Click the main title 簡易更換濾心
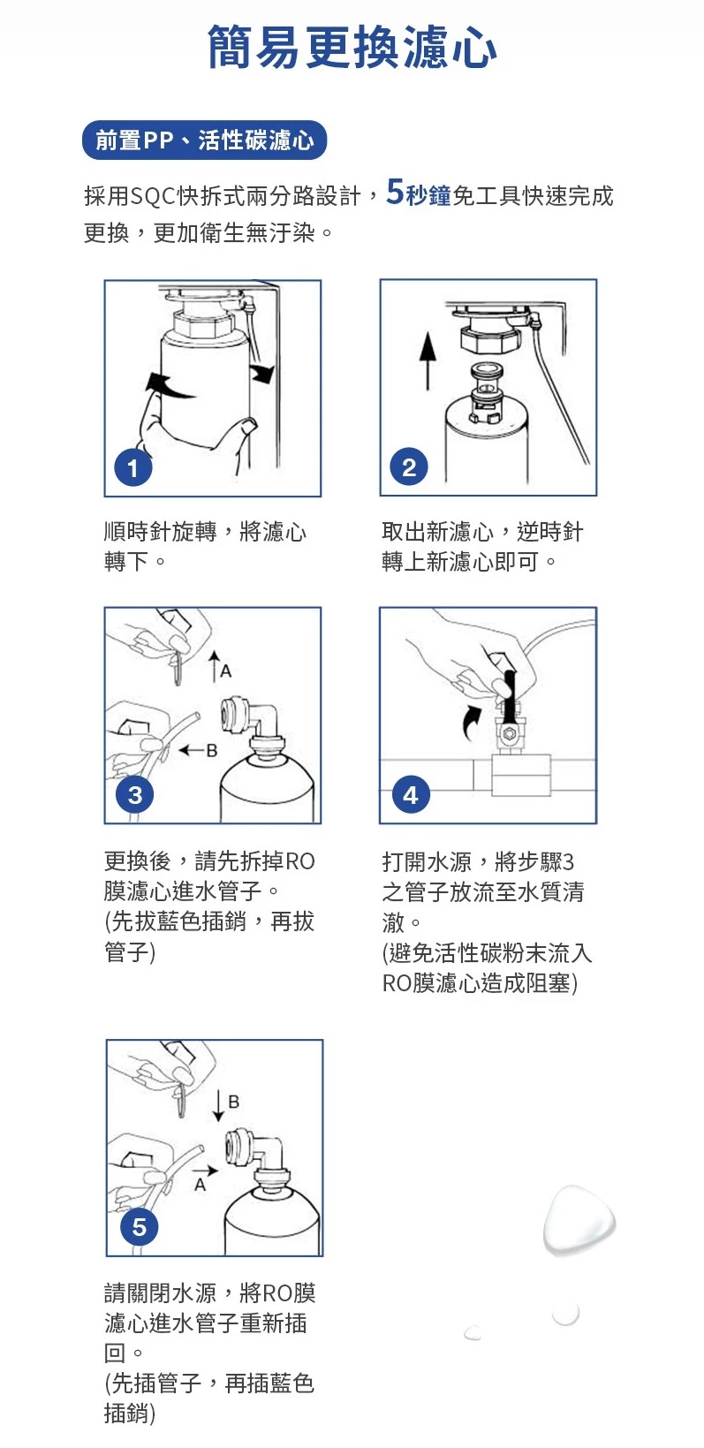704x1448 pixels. point(352,47)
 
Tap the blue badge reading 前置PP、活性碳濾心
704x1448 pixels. point(204,140)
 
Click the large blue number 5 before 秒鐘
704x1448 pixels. point(395,192)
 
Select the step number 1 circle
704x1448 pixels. point(133,467)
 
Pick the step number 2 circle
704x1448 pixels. point(409,466)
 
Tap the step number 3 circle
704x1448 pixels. point(135,794)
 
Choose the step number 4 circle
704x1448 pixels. point(411,794)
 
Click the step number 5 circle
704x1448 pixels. point(139,1227)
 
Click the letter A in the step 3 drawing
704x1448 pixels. point(225,671)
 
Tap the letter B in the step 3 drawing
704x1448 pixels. point(212,750)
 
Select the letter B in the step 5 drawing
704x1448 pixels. point(234,1102)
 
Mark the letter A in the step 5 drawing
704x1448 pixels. point(201,1185)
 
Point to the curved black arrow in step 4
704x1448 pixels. point(470,723)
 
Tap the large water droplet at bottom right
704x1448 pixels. point(579,1220)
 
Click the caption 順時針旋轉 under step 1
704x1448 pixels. point(161,531)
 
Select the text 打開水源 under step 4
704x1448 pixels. point(427,861)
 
